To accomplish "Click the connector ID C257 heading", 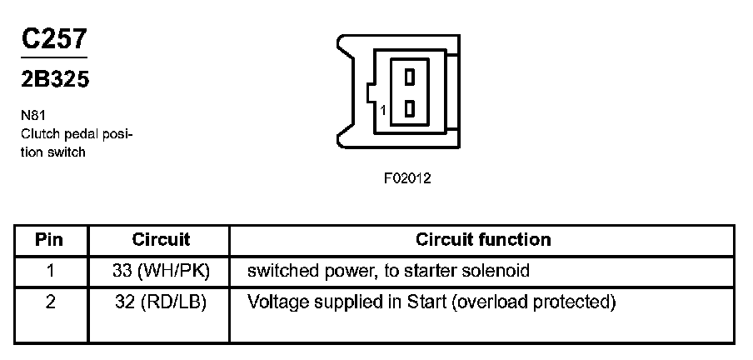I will coord(53,39).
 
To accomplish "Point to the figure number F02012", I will coord(408,177).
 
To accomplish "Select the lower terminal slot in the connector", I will coord(409,109).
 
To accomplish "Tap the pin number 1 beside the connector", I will coord(381,110).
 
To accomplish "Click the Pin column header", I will coord(50,240).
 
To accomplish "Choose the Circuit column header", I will coord(161,240).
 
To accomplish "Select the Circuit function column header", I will coord(483,240).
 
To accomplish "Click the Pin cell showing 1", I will coord(50,271).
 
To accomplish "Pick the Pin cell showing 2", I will coord(50,302).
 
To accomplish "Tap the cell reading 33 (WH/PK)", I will coord(161,271).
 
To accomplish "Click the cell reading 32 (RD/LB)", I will coord(161,302).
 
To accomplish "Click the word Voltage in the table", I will coord(276,302).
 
